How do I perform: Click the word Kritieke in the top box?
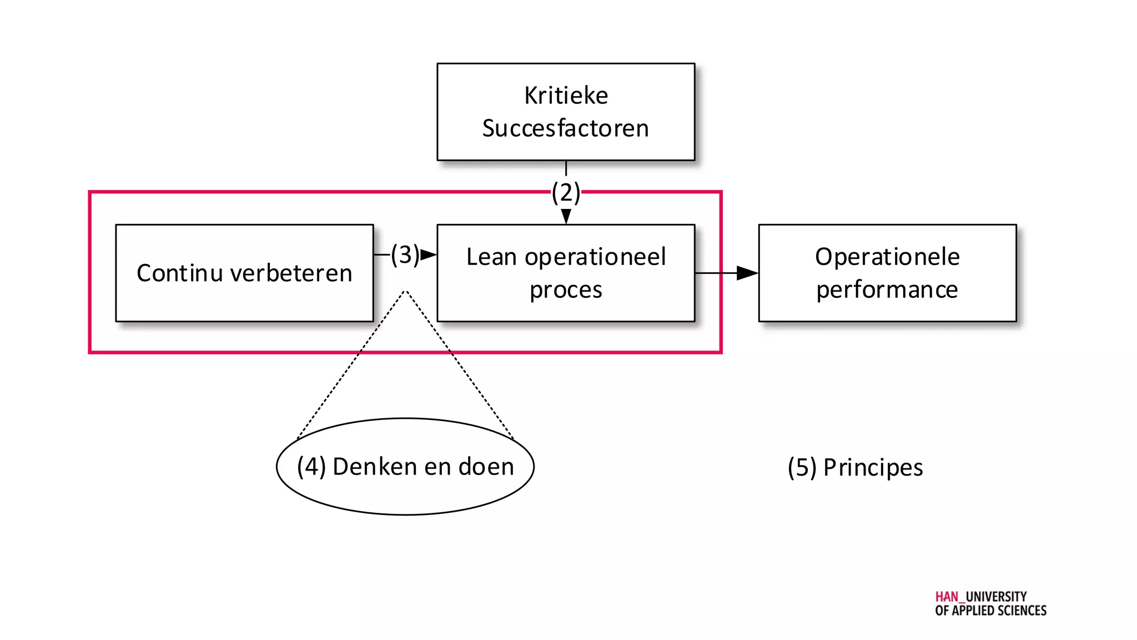coord(566,96)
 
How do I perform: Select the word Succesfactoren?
coord(565,128)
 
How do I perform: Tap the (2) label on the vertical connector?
coord(566,192)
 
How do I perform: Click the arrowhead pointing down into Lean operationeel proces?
coord(566,216)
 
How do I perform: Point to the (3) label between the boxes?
coord(405,254)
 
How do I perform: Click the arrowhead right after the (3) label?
coord(428,255)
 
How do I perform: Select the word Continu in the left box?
coord(180,273)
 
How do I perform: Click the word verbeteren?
coord(291,273)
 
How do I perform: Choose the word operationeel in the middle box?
coord(595,257)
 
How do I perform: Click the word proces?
coord(566,290)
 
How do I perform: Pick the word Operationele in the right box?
coord(887,257)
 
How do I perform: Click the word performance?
coord(887,290)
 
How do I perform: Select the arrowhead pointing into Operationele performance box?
coord(747,273)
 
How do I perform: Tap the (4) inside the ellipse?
coord(311,467)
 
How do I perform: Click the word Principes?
coord(873,468)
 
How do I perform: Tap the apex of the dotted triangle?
coord(406,291)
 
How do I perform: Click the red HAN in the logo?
coord(947,597)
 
